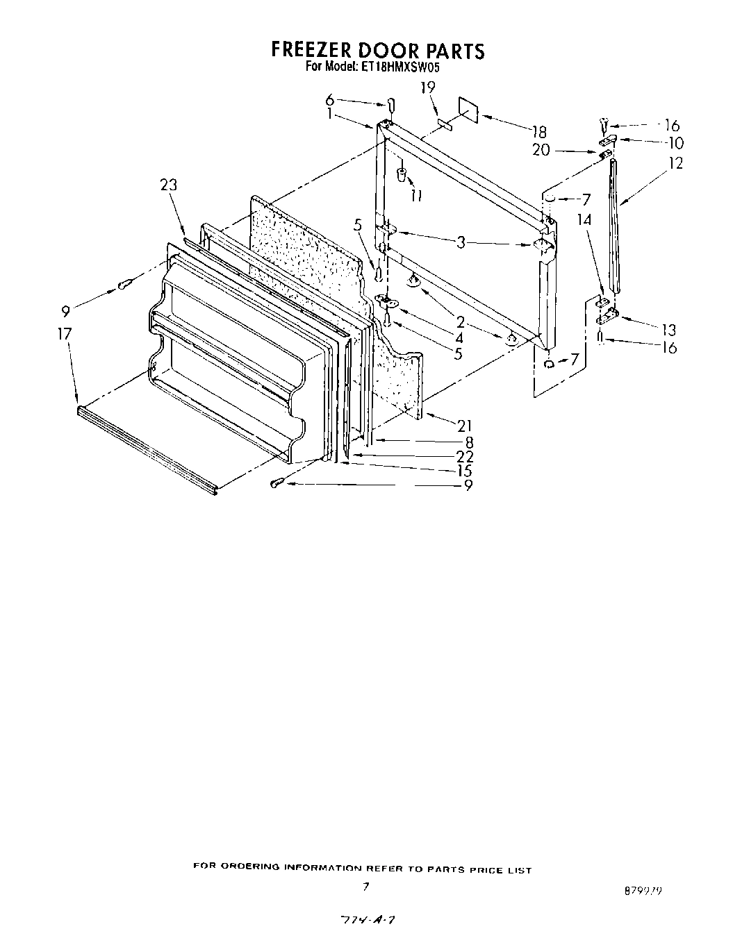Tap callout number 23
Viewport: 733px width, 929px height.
click(x=168, y=185)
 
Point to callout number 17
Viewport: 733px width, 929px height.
click(x=65, y=334)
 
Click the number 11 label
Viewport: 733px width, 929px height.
click(x=415, y=196)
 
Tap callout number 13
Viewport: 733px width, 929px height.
click(x=668, y=330)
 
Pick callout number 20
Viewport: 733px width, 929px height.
click(x=541, y=149)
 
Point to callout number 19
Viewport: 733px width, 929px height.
click(x=427, y=87)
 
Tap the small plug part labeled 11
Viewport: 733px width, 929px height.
click(x=401, y=174)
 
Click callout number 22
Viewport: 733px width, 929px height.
click(x=465, y=456)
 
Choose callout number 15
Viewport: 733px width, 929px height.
click(x=465, y=471)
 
